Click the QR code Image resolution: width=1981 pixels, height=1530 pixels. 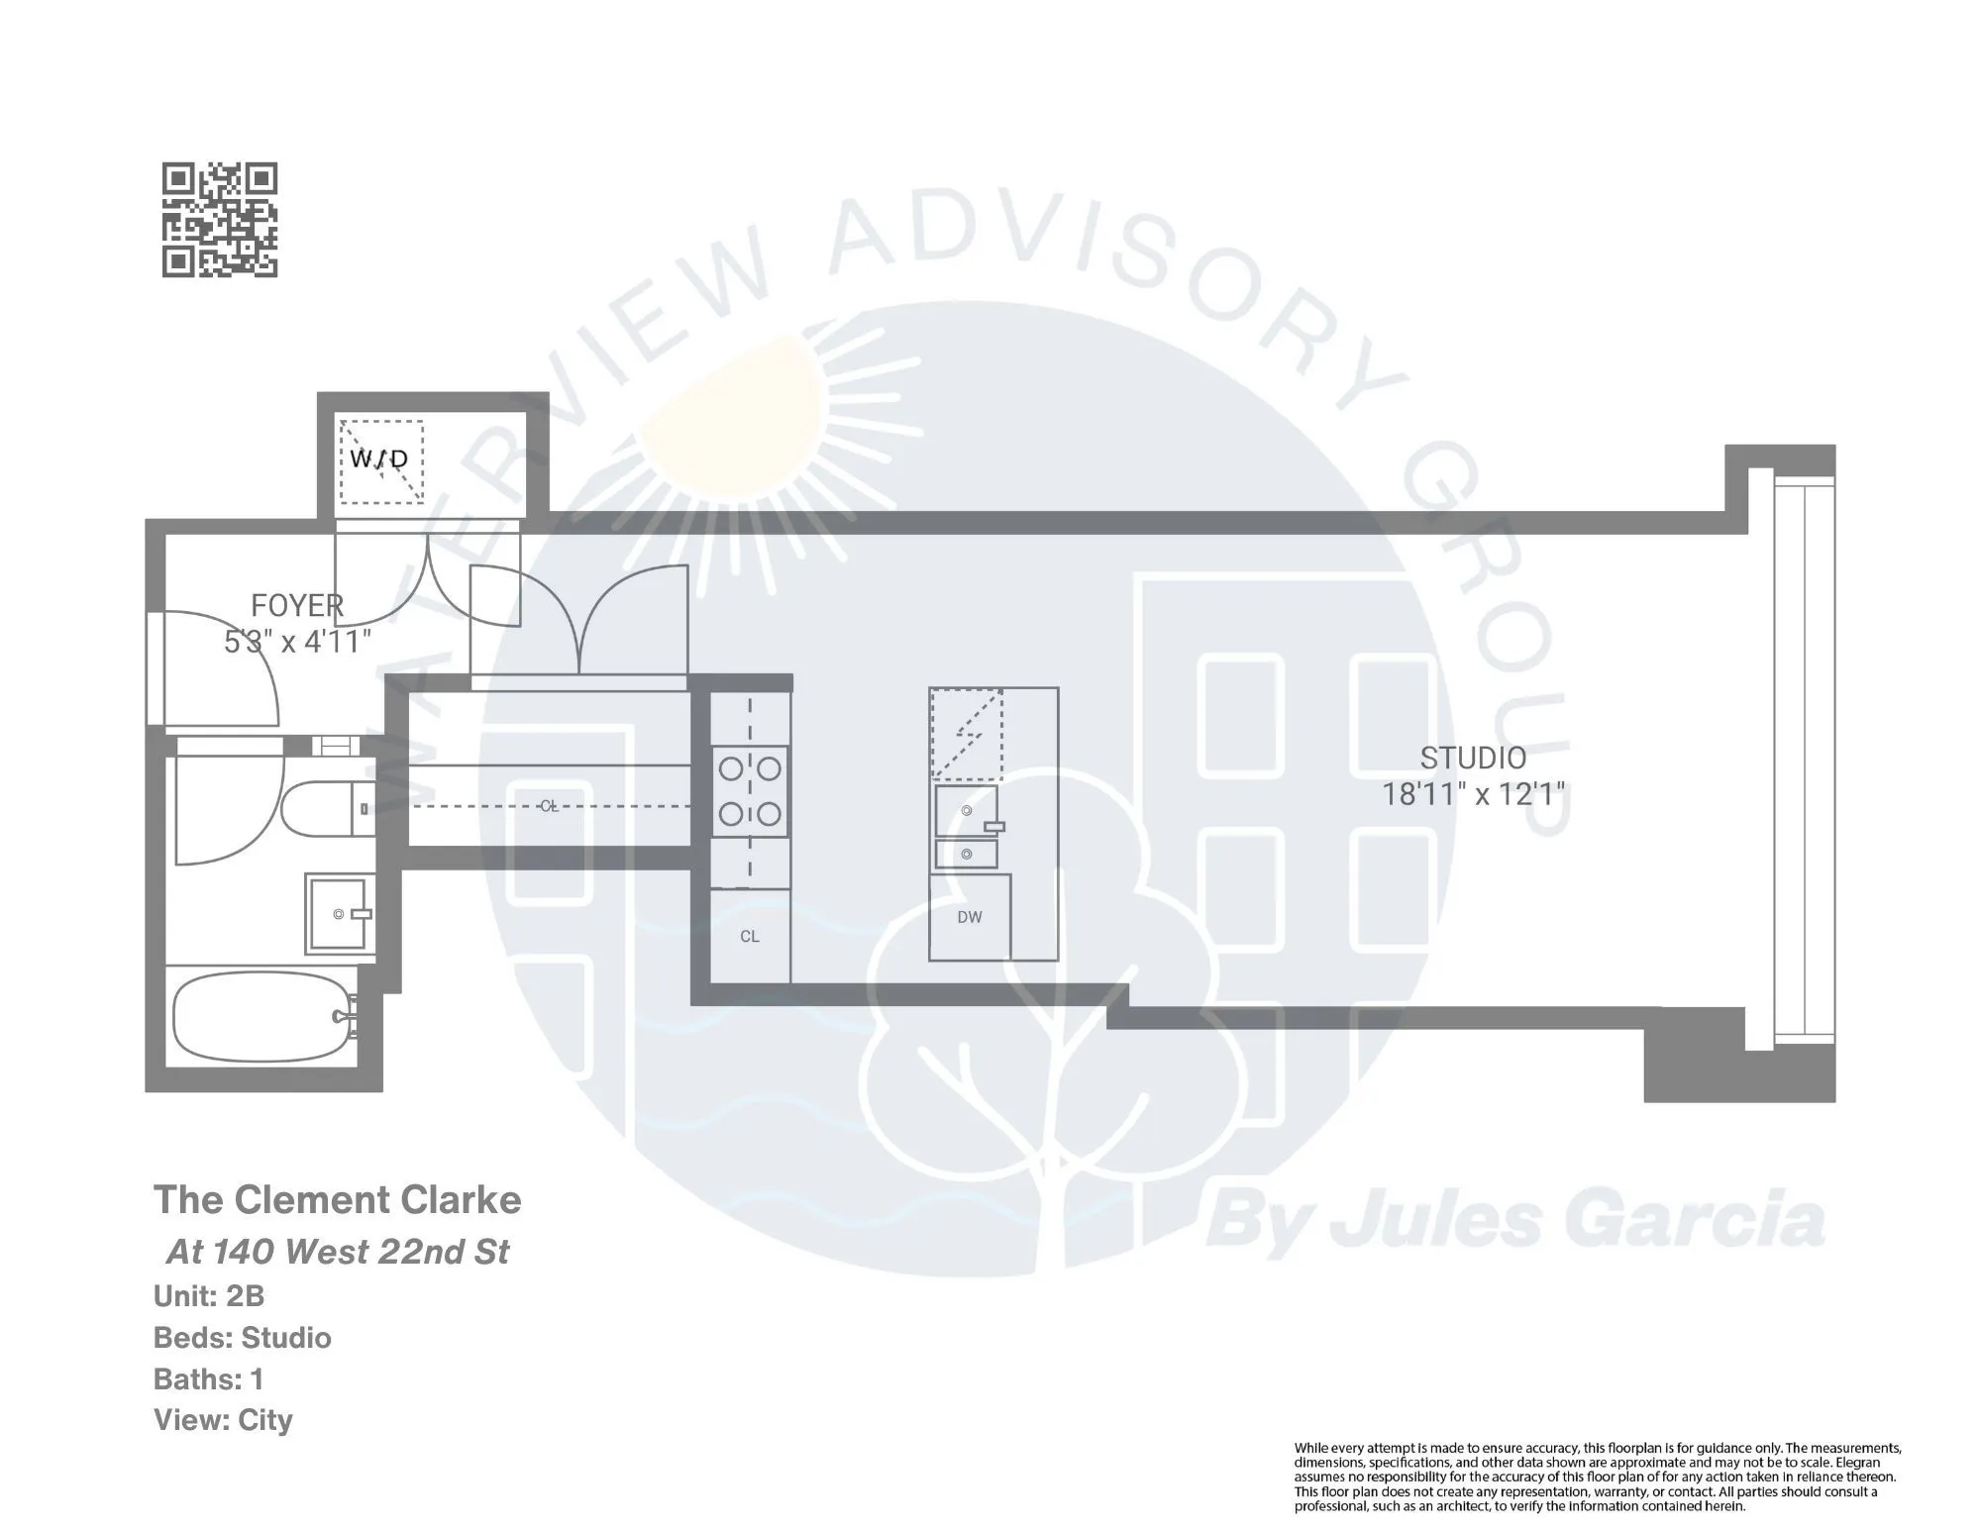point(219,220)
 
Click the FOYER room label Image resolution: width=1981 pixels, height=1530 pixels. point(297,605)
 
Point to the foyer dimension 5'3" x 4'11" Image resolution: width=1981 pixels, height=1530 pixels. point(297,642)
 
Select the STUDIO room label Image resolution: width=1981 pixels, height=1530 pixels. point(1473,758)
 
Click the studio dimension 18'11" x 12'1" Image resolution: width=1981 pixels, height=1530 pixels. point(1473,794)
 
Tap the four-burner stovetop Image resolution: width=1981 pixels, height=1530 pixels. point(750,791)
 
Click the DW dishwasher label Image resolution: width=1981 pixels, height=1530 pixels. point(970,917)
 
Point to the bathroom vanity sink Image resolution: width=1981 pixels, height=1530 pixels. point(340,914)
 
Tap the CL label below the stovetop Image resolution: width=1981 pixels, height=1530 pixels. point(750,936)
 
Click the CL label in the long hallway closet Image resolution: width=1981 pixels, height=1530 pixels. point(549,806)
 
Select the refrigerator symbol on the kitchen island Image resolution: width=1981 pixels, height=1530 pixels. point(966,735)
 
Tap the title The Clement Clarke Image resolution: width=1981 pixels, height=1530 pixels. point(337,1200)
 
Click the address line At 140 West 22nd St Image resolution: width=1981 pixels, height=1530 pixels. point(337,1252)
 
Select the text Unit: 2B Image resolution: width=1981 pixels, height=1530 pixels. point(209,1296)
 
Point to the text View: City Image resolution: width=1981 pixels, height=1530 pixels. point(223,1420)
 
